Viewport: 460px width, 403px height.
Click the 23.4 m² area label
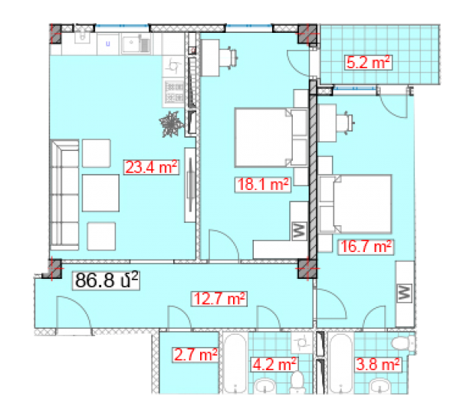point(151,167)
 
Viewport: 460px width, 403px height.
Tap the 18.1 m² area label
point(263,185)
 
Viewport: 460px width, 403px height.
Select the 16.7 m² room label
point(366,247)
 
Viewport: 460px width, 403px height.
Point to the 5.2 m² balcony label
point(368,62)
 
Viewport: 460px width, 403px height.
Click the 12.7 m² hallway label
point(219,299)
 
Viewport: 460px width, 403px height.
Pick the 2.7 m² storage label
point(195,355)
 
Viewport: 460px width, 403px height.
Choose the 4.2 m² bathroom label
point(274,365)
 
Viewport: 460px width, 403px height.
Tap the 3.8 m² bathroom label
point(378,365)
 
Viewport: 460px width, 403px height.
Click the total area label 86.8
point(106,280)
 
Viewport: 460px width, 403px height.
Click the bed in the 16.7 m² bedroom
point(356,204)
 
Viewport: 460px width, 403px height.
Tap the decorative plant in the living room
point(172,123)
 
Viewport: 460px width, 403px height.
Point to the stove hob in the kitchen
point(174,92)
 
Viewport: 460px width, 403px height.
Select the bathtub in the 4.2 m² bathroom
point(235,363)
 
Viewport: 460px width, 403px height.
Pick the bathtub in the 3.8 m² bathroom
point(340,363)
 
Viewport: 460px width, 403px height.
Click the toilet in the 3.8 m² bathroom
point(403,343)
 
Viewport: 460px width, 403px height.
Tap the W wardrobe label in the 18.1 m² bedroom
point(299,231)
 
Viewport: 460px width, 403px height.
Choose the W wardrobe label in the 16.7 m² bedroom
point(404,293)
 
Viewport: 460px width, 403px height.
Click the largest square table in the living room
point(100,193)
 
